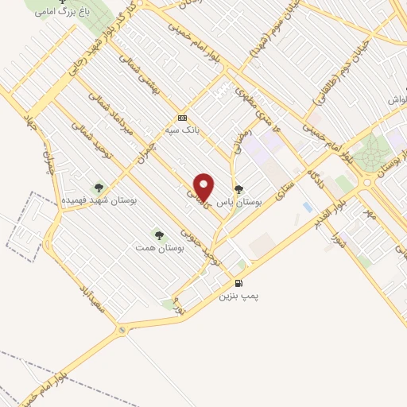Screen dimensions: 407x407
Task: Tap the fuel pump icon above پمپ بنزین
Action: [238, 283]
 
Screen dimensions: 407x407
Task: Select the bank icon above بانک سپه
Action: [182, 114]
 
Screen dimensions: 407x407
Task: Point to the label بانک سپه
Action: [181, 126]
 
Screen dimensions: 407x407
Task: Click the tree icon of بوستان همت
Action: [159, 235]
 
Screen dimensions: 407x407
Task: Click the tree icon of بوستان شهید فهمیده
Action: [99, 188]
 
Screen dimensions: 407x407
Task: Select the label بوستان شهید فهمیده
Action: [99, 201]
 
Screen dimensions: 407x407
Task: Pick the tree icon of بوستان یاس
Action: [238, 188]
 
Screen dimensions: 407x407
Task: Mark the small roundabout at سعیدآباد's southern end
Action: [122, 329]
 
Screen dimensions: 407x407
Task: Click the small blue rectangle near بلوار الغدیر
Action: [307, 207]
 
